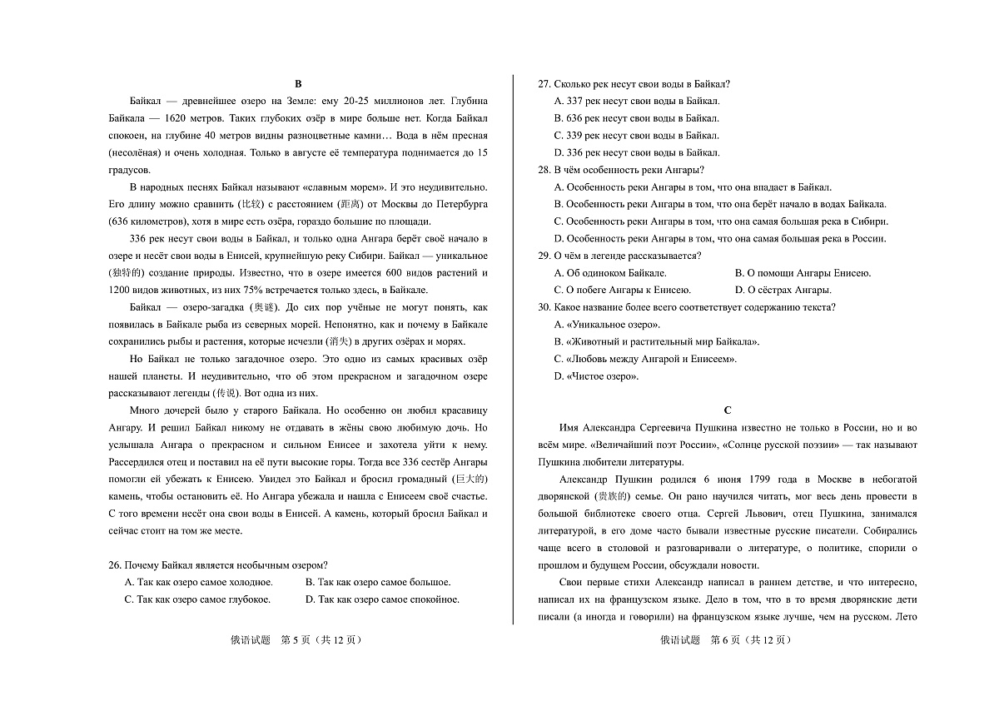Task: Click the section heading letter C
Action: pos(728,410)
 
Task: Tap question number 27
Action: pos(545,83)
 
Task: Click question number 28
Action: pos(545,170)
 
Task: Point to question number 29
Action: pos(545,256)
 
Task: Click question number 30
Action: pos(545,307)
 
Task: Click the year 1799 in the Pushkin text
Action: pos(758,479)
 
